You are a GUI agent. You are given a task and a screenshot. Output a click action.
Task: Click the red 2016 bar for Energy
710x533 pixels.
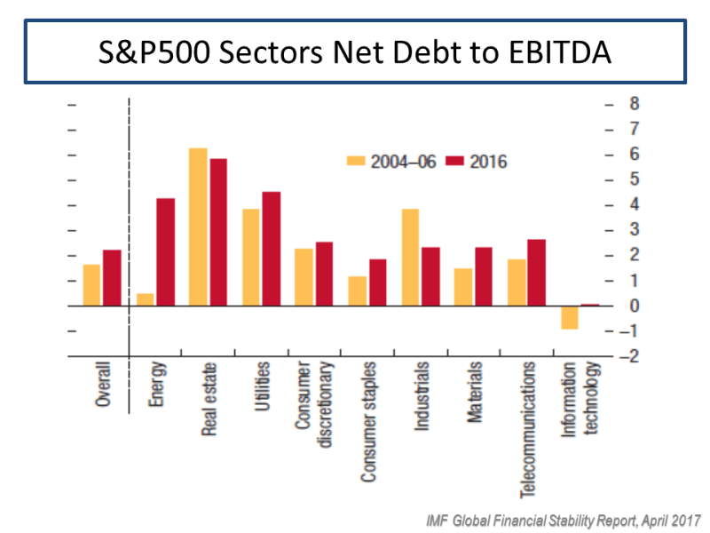pyautogui.click(x=165, y=251)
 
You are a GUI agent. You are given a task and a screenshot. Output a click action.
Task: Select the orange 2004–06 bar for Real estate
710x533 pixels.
pyautogui.click(x=198, y=227)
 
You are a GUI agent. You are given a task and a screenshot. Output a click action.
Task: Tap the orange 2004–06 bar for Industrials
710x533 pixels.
pyautogui.click(x=409, y=257)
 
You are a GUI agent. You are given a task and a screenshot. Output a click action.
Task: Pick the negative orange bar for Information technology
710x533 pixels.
pyautogui.click(x=569, y=317)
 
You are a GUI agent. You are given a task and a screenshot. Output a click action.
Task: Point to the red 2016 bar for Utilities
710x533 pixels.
pyautogui.click(x=271, y=249)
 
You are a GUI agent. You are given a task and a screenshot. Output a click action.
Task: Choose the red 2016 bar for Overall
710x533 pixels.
pyautogui.click(x=112, y=277)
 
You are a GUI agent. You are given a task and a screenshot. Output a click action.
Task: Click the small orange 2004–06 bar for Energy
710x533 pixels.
pyautogui.click(x=145, y=299)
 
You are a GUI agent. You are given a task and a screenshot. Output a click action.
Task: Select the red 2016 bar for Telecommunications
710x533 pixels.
pyautogui.click(x=535, y=272)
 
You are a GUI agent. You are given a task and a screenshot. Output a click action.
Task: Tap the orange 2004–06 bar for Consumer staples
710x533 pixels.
pyautogui.click(x=357, y=290)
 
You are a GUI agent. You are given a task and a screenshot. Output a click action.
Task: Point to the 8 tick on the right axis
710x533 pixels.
pyautogui.click(x=634, y=104)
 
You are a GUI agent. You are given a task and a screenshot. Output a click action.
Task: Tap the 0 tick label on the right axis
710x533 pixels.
pyautogui.click(x=634, y=306)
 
